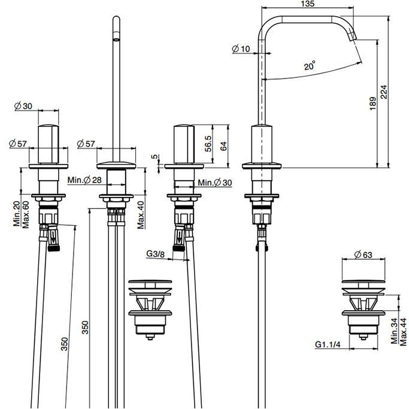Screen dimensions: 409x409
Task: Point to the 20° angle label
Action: coord(310,67)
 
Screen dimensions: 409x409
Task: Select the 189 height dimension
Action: coord(372,104)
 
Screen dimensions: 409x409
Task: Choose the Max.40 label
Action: coord(140,216)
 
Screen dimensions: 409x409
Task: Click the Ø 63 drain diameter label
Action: coord(363,255)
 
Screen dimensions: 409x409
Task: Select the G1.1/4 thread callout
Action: coord(328,344)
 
